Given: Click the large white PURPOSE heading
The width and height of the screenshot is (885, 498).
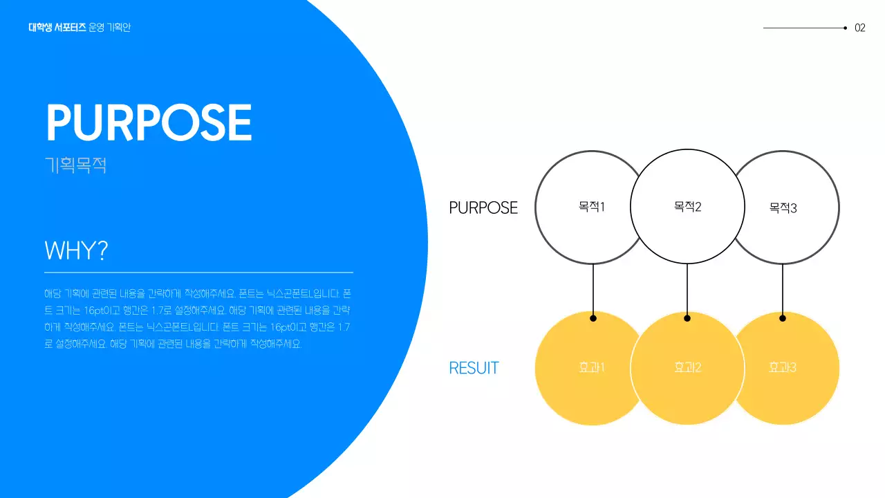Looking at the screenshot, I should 149,123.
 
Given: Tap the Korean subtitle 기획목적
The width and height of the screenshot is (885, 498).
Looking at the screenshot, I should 75,166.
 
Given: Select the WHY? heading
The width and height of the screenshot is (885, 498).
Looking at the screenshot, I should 76,250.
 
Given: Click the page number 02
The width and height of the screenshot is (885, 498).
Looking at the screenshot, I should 860,28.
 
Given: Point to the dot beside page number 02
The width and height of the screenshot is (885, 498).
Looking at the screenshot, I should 846,28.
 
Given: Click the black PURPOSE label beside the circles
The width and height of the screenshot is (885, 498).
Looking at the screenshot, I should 483,207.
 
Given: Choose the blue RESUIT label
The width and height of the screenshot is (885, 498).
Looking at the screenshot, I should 474,368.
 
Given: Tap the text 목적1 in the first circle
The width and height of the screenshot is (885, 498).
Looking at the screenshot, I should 592,206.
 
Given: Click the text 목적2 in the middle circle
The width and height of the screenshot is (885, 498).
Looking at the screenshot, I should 687,206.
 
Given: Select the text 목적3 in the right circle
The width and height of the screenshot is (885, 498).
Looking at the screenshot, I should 783,207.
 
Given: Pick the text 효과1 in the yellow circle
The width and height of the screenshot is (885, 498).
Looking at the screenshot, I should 592,367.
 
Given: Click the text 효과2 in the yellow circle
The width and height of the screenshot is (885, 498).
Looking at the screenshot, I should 687,367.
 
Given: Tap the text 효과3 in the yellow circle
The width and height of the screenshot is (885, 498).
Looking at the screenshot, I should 783,367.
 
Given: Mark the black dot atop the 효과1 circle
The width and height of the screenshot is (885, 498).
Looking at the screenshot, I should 593,318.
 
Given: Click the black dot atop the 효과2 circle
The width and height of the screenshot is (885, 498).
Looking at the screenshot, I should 687,318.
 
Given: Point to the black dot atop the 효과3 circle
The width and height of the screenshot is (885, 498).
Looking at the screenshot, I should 783,318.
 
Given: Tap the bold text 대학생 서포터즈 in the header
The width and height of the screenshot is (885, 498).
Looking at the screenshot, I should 57,28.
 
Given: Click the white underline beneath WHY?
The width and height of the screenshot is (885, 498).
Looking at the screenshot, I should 198,273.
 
